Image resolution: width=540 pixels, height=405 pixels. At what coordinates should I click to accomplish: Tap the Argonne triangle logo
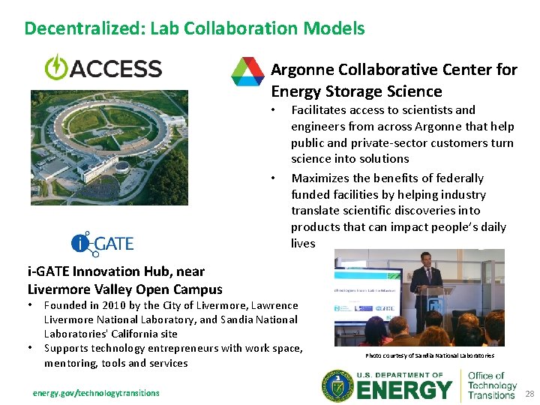[247, 71]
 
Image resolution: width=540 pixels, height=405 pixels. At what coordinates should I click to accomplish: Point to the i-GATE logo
[103, 242]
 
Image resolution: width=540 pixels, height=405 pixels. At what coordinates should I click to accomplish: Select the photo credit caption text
[430, 355]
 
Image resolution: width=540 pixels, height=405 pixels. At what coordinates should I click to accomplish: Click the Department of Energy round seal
[338, 387]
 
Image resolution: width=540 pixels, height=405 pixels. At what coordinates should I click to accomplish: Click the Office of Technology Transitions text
[491, 385]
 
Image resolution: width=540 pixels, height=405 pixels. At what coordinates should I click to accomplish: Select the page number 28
[529, 394]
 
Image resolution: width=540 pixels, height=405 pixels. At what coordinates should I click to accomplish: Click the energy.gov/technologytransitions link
[96, 393]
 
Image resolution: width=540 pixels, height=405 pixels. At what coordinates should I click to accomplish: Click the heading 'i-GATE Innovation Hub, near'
[115, 271]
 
